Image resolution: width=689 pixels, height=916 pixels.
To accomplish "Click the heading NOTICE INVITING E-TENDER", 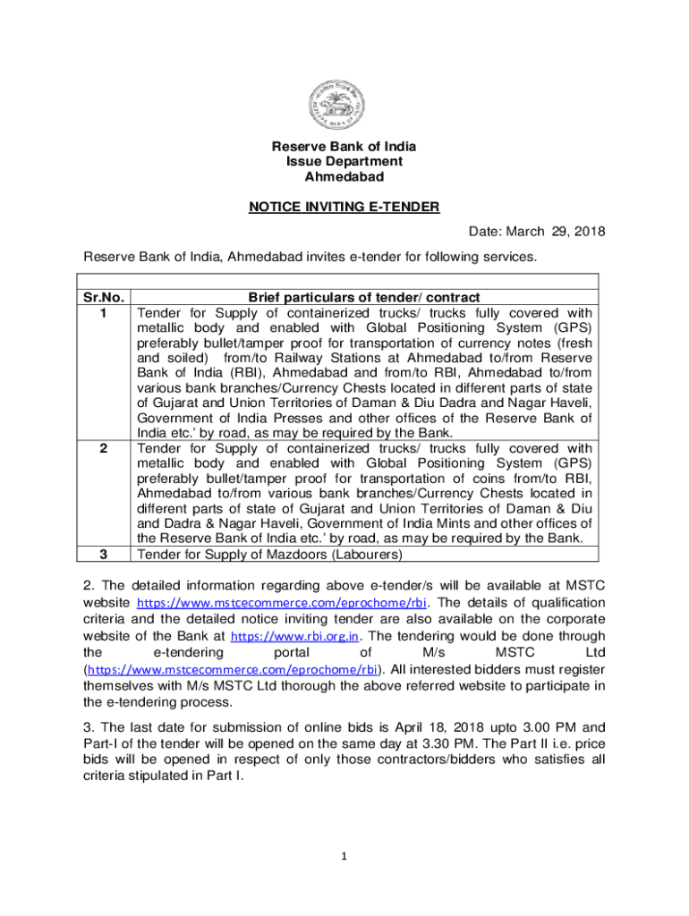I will pos(344,208).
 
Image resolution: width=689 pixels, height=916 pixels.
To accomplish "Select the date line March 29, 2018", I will pos(537,232).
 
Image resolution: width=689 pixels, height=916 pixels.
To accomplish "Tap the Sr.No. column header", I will pos(105,297).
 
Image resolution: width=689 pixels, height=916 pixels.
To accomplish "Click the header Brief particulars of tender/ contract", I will pos(364,297).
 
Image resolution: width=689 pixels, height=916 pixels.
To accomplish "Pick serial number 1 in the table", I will pos(105,313).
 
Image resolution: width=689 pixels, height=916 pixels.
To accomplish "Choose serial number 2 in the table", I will pos(105,448).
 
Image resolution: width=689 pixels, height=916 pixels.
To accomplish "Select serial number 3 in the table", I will pos(105,554).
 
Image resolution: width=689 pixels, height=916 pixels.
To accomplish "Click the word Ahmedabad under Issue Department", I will pos(344,176).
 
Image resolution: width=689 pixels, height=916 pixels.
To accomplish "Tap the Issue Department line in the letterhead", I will pos(344,161).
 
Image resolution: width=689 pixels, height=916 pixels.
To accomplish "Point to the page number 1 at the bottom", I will pos(343,856).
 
